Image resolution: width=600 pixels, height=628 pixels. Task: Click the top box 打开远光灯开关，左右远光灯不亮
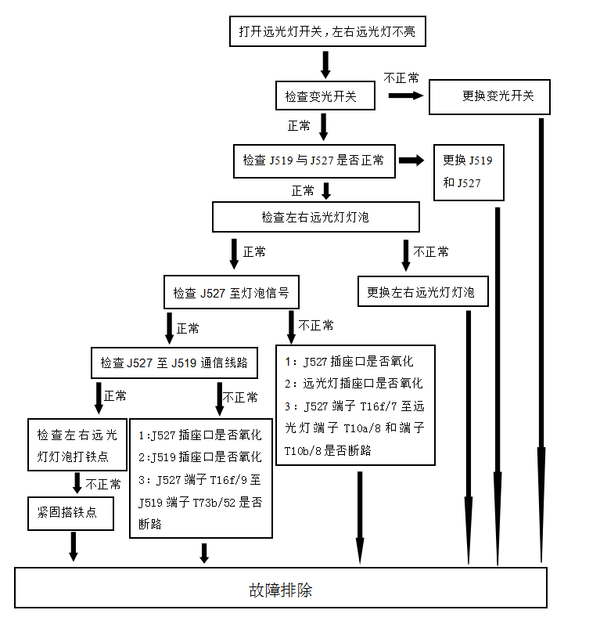(328, 31)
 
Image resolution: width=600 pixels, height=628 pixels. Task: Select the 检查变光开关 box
(325, 96)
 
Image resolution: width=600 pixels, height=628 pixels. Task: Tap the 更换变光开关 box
(490, 97)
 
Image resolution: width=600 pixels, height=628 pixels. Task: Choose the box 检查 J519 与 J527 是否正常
(314, 161)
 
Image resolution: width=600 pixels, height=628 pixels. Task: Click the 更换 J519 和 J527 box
(469, 172)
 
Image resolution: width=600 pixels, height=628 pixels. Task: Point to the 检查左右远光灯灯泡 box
(316, 217)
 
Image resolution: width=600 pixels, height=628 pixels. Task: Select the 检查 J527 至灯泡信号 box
(232, 291)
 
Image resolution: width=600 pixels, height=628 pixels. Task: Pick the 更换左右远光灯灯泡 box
(422, 291)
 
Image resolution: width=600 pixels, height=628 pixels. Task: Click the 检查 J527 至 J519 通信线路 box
(174, 363)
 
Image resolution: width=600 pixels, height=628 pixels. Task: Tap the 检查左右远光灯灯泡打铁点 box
(77, 445)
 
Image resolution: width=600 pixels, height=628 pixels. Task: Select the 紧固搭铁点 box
(71, 514)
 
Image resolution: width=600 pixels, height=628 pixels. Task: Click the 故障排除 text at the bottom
(280, 590)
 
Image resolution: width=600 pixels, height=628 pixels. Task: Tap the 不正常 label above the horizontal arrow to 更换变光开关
(401, 78)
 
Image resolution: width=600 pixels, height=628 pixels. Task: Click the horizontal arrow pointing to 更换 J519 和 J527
(411, 161)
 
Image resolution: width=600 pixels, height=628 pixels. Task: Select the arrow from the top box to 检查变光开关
(325, 64)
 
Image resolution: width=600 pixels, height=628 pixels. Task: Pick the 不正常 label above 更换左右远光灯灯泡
(431, 251)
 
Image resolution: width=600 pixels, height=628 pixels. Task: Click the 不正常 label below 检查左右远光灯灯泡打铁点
(103, 484)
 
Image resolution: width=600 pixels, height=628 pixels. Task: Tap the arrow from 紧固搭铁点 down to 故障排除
(74, 547)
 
